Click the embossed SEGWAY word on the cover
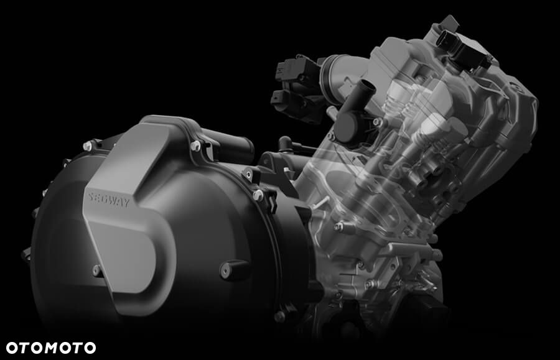point(108,200)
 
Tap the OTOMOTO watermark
point(51,348)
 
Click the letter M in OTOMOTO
point(51,348)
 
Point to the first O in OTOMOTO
point(12,348)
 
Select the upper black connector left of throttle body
point(296,70)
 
